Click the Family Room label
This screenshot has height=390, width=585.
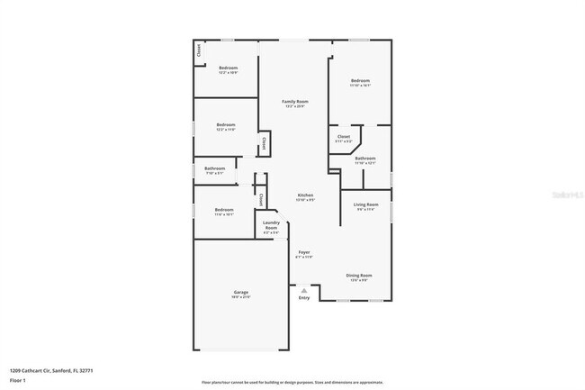coord(295,102)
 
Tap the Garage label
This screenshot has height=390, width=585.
coord(241,292)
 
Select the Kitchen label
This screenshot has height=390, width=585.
coord(305,195)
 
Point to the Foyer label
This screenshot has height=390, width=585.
coord(304,253)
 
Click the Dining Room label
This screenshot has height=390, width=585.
coord(359,275)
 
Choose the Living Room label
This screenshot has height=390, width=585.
coord(365,204)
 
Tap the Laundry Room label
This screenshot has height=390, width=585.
coord(271,225)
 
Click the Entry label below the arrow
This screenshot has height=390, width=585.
coord(304,298)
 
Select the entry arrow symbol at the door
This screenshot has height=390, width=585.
coord(304,290)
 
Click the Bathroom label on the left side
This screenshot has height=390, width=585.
coord(214,168)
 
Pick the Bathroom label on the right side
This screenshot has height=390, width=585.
coord(364,159)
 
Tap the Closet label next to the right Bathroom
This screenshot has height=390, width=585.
coord(344,138)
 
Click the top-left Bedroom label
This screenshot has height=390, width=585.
coord(228,68)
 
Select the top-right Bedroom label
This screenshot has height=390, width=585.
coord(360,81)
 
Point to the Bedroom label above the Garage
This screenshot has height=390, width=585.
coord(224,210)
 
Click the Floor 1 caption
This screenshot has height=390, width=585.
coord(17,381)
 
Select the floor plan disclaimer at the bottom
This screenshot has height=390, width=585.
coord(292,383)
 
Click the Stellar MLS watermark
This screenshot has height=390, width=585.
coord(563,193)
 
